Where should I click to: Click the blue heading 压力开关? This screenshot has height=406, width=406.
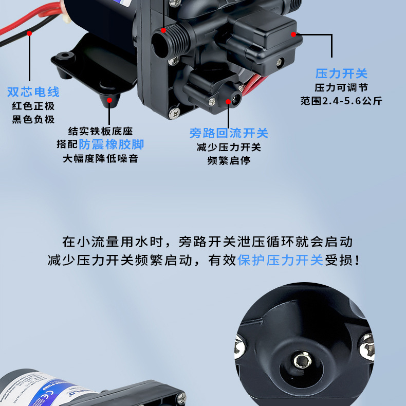341,73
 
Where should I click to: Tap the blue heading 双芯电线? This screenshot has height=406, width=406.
33,92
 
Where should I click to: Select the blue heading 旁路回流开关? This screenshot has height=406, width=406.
229,134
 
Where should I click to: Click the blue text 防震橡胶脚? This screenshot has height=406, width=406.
112,144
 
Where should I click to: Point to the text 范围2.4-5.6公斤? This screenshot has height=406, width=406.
341,101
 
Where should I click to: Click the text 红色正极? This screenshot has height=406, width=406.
33,106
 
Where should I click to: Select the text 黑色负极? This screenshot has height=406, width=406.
33,120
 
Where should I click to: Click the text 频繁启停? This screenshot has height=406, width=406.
229,161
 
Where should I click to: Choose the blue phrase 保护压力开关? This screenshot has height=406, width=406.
280,260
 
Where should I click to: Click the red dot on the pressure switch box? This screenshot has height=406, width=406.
293,34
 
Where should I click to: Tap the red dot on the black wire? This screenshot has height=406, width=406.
29,33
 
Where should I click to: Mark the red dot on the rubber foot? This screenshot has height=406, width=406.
109,101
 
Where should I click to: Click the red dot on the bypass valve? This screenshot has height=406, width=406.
229,101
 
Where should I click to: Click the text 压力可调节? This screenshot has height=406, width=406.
341,88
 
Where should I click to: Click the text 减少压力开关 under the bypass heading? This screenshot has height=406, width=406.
229,147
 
